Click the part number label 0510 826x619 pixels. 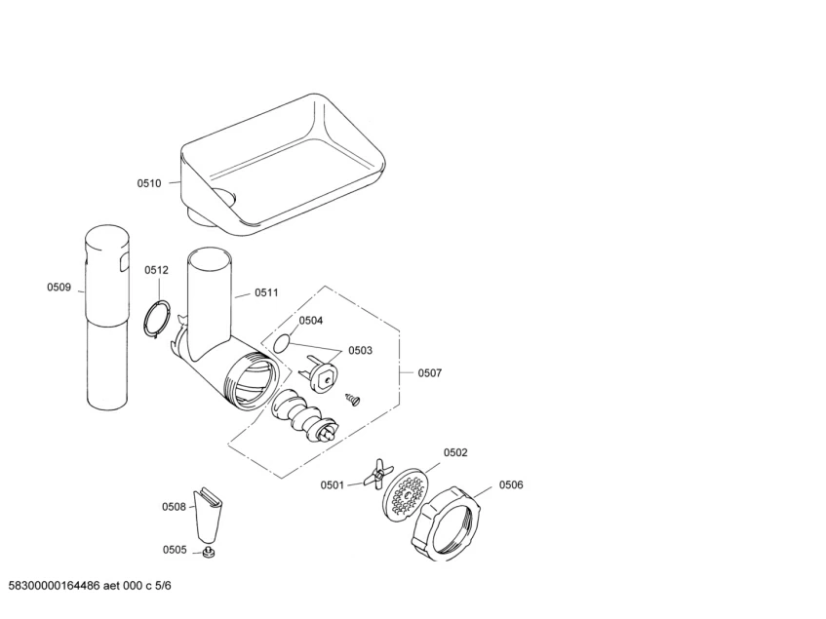(x=149, y=182)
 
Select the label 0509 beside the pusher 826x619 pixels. (x=59, y=287)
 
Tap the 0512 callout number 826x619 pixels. (x=157, y=270)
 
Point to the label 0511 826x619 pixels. (x=266, y=292)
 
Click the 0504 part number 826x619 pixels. (x=311, y=320)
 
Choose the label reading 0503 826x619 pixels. (x=360, y=350)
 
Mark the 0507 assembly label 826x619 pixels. (x=430, y=373)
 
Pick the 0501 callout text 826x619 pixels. (x=333, y=484)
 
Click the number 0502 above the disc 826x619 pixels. (x=455, y=452)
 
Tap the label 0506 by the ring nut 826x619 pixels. (x=511, y=484)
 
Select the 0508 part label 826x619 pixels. (x=174, y=506)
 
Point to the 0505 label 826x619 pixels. (x=175, y=550)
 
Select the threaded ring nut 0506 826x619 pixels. (x=450, y=522)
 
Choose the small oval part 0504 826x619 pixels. (x=282, y=343)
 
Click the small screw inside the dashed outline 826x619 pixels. (x=352, y=398)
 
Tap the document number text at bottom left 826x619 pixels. (x=91, y=585)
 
